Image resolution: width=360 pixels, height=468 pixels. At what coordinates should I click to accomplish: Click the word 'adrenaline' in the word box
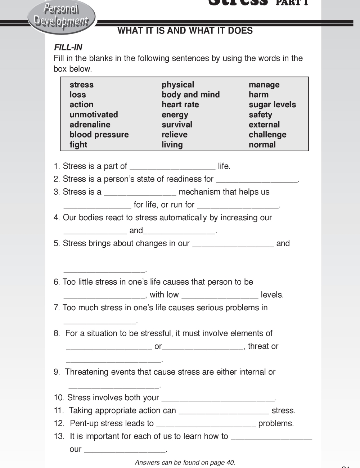[90, 125]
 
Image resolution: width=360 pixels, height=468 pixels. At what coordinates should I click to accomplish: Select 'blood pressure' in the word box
[99, 135]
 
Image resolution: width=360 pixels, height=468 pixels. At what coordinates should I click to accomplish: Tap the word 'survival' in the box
[177, 125]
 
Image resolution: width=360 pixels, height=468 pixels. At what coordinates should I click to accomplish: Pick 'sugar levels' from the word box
[272, 105]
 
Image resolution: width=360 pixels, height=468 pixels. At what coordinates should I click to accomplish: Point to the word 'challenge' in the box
[267, 135]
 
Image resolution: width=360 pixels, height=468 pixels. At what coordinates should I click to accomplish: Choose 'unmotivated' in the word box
[94, 115]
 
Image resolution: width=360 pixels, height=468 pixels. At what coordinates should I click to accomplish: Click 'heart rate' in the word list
[180, 105]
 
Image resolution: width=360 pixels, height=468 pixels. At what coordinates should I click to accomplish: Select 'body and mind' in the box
[190, 95]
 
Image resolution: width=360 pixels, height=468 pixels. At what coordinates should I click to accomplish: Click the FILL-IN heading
[68, 47]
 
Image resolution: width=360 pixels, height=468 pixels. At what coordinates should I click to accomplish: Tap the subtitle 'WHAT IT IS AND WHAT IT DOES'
[185, 31]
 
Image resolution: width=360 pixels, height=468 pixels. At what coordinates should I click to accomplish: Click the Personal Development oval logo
[61, 16]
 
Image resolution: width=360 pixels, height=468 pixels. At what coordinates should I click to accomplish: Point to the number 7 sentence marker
[57, 308]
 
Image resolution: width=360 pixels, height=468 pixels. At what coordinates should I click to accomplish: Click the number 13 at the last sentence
[59, 436]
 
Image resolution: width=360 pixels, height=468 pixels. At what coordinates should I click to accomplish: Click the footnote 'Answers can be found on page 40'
[185, 463]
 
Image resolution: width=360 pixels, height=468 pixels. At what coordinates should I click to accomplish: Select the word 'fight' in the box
[78, 145]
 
